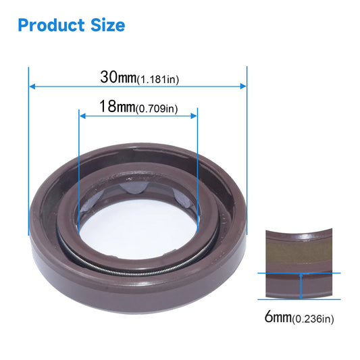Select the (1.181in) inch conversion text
(x=157, y=79)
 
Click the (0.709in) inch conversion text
(x=157, y=109)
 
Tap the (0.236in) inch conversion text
(x=313, y=318)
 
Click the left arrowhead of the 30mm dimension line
(x=32, y=86)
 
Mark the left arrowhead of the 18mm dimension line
(x=82, y=115)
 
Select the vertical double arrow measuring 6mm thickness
(x=299, y=286)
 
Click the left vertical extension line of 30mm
(x=29, y=135)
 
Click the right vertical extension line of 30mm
(x=247, y=135)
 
